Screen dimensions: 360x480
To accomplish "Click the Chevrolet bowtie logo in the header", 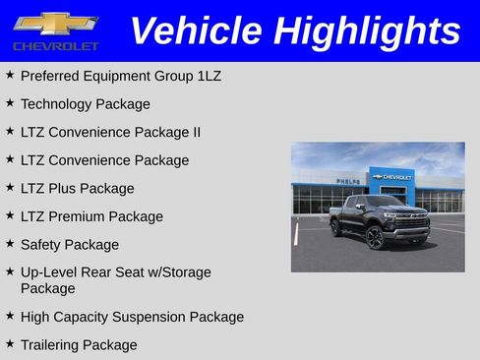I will [55, 23].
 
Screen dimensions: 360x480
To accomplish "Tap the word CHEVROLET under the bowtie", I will [56, 46].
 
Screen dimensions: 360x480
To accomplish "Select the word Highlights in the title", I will [368, 31].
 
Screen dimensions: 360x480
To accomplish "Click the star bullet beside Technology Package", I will [10, 103].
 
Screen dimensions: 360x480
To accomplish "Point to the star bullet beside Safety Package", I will [10, 244].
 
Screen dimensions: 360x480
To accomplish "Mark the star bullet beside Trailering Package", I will [10, 344].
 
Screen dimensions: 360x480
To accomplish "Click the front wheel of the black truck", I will [375, 238].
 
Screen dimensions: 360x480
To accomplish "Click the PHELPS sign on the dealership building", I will [347, 181].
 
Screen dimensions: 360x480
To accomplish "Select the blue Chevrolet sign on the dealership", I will [392, 177].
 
